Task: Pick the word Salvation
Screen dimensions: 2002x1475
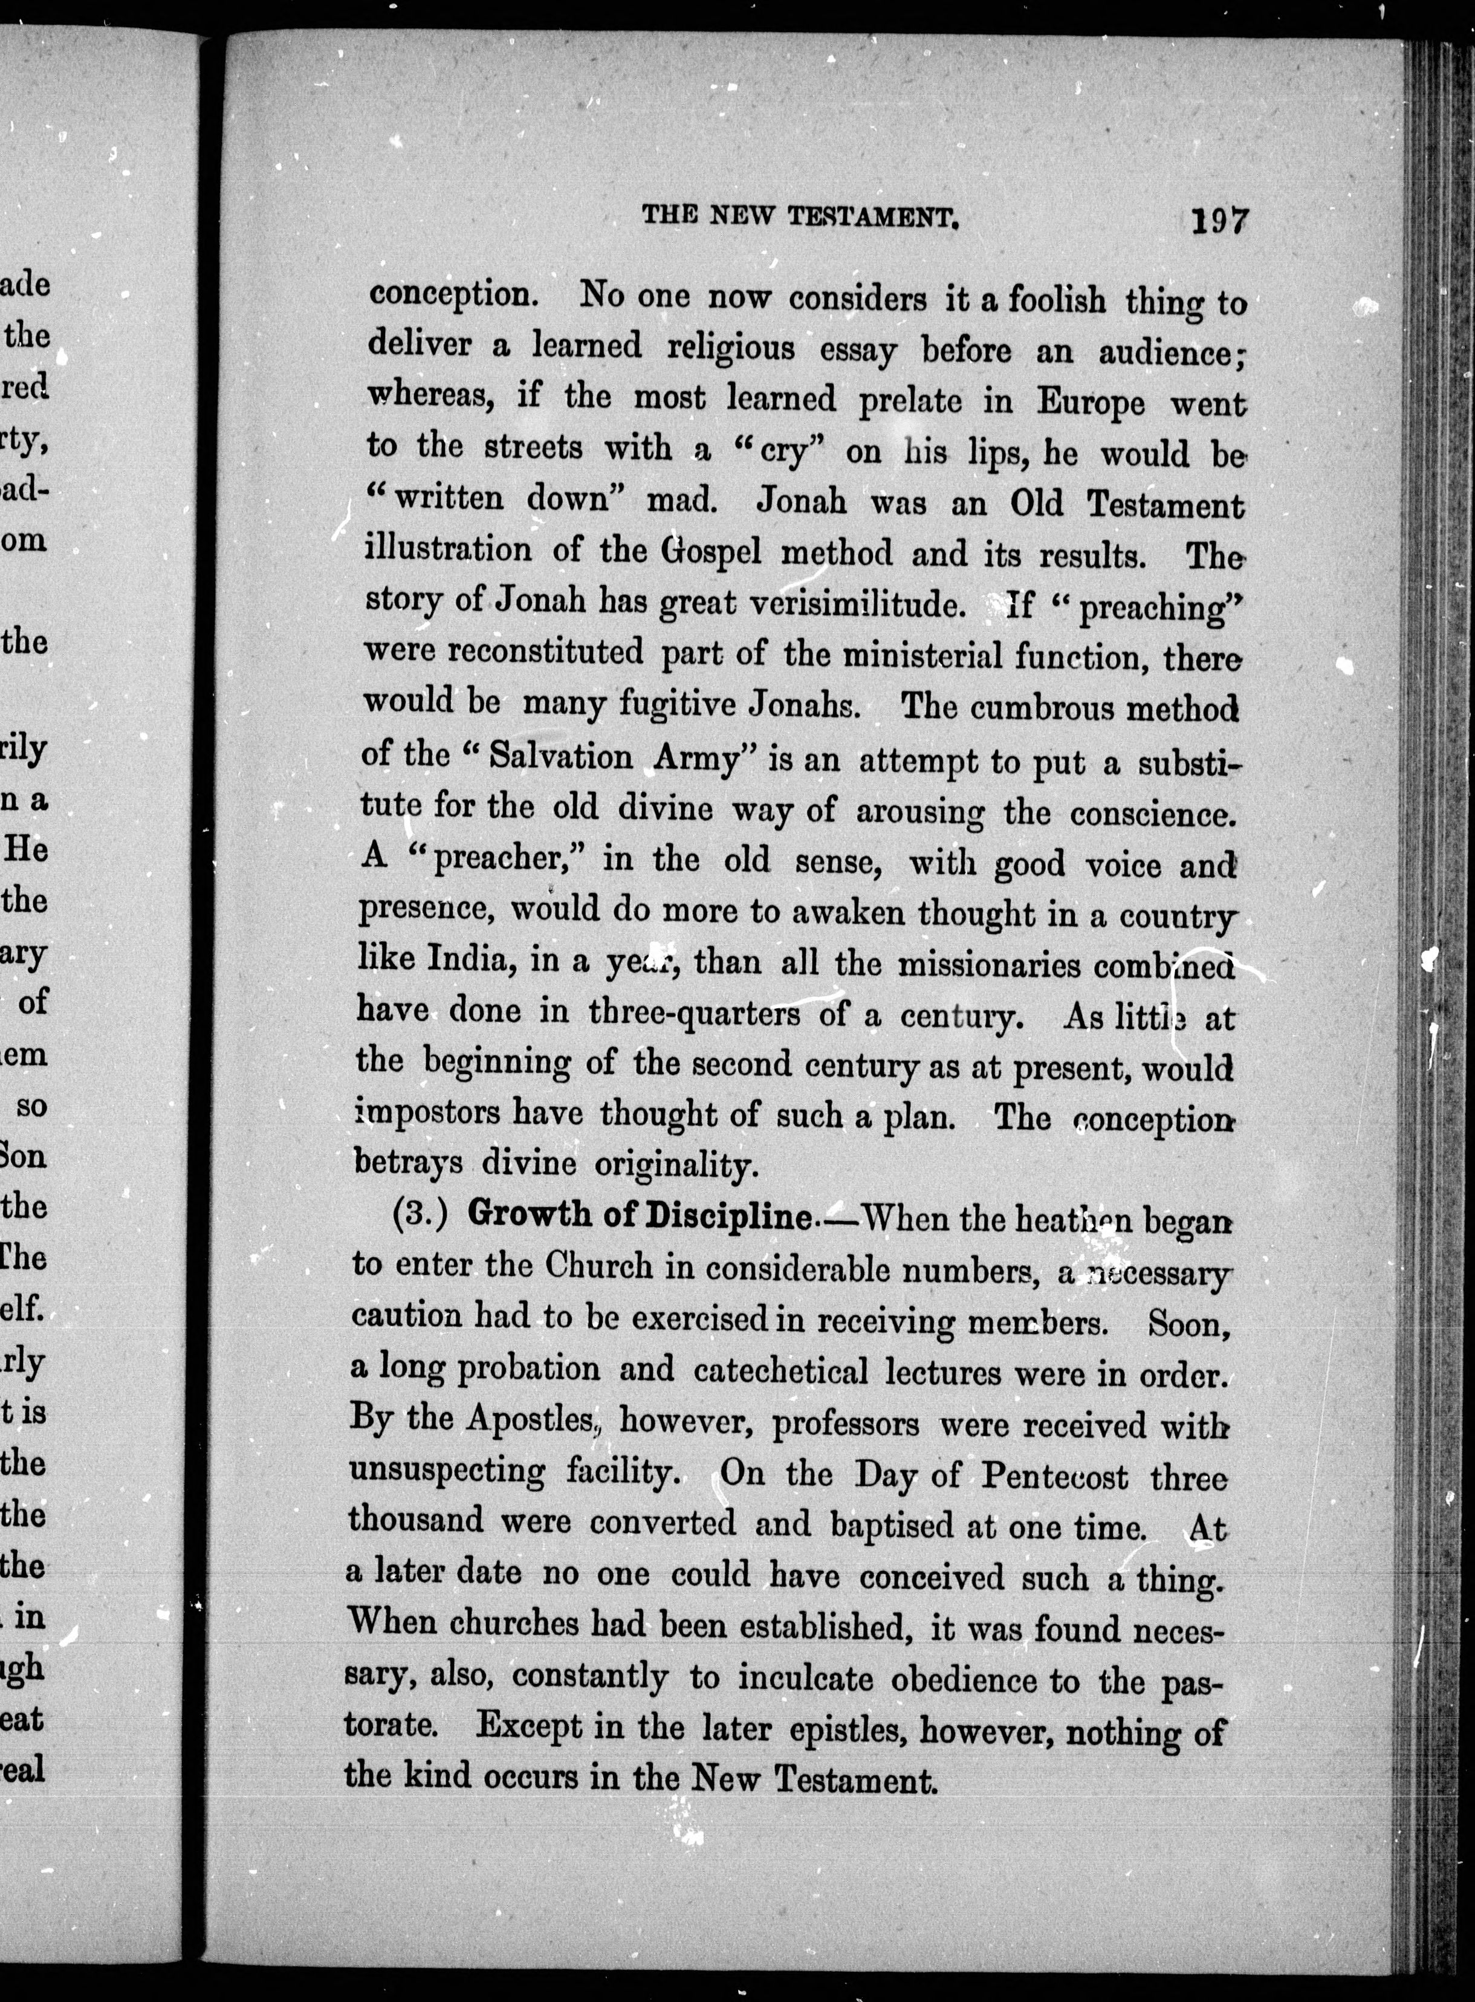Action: [561, 756]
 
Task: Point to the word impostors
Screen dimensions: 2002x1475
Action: [427, 1112]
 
